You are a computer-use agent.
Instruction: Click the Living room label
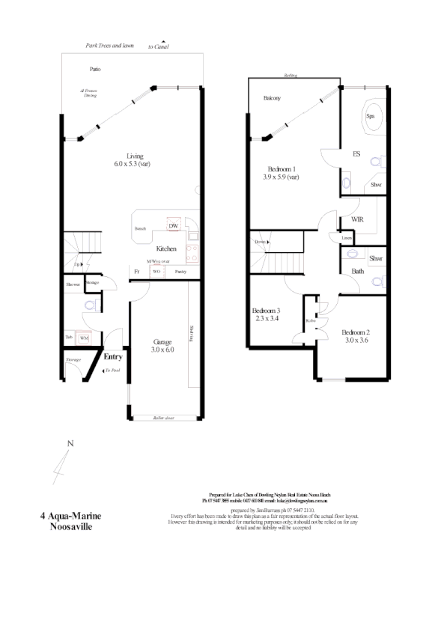(x=135, y=156)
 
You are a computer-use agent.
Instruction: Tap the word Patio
(x=95, y=70)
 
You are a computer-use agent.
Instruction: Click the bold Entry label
(x=112, y=357)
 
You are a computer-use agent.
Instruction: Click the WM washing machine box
(x=84, y=338)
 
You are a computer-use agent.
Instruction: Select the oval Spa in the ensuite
(x=370, y=117)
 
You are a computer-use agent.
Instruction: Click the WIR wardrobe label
(x=358, y=220)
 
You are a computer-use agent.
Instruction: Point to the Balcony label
(x=272, y=98)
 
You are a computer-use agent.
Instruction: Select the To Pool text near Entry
(x=112, y=371)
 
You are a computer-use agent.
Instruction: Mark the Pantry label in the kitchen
(x=180, y=272)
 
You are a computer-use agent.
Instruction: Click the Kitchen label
(x=166, y=248)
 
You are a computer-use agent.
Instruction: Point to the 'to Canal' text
(x=159, y=46)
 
